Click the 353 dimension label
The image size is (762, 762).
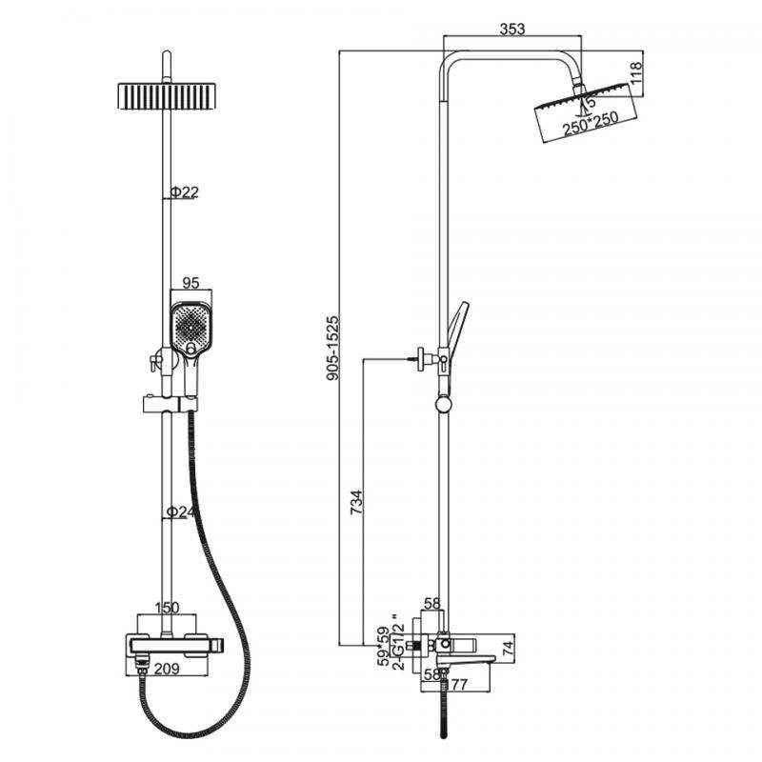[512, 29]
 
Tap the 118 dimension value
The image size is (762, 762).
[636, 73]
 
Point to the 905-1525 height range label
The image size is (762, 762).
[332, 348]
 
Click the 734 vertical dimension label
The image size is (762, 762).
[356, 503]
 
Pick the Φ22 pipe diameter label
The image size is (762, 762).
[184, 192]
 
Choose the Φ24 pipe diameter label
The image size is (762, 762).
[177, 511]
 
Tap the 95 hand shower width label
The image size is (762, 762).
[191, 282]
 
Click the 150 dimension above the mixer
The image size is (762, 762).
[167, 608]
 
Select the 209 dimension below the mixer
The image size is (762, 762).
[167, 669]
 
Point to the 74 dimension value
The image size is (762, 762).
[508, 648]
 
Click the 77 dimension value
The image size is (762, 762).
[459, 684]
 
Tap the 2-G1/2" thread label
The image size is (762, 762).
[398, 640]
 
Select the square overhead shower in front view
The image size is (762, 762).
[167, 96]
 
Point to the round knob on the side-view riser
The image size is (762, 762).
[443, 404]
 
